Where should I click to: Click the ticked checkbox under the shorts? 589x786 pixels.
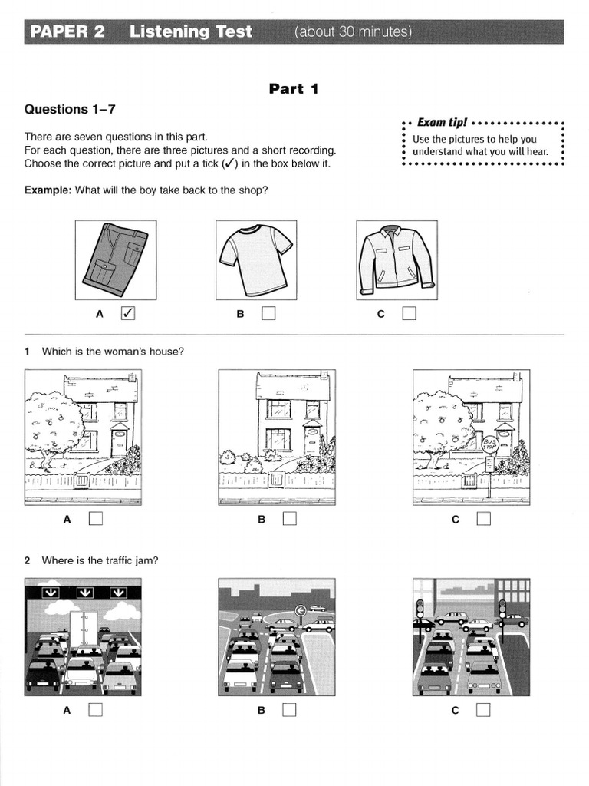click(x=128, y=313)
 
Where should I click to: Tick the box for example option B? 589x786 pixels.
click(x=268, y=313)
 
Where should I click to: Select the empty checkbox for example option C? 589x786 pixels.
click(x=409, y=313)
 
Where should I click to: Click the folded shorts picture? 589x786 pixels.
click(x=116, y=259)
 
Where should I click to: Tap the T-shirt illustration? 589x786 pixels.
click(x=256, y=259)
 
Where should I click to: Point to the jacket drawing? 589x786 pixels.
click(x=397, y=260)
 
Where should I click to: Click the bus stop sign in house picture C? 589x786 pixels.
click(x=489, y=444)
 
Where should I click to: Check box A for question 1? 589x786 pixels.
click(x=95, y=519)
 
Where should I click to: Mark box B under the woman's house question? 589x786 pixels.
click(x=289, y=519)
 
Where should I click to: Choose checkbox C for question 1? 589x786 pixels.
click(x=483, y=519)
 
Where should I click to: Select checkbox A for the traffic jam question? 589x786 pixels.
click(x=95, y=710)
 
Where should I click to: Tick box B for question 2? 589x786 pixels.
click(x=289, y=710)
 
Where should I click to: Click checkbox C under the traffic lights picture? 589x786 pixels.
click(x=483, y=710)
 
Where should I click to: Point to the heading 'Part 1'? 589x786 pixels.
click(x=294, y=89)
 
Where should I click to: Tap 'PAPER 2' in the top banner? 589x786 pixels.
click(x=67, y=31)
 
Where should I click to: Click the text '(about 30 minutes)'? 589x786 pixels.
click(x=353, y=31)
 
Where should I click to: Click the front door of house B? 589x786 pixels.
click(x=311, y=441)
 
